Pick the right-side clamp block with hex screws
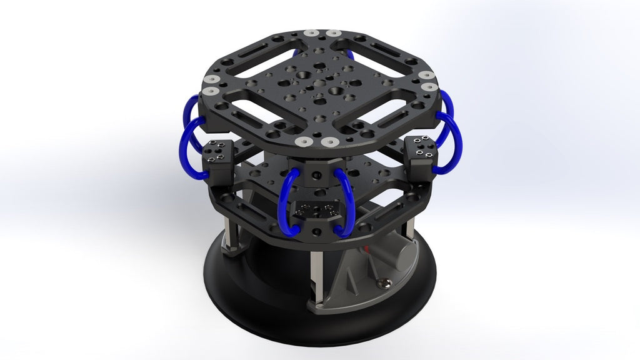click(421, 153)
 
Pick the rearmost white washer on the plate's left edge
click(213, 80)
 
